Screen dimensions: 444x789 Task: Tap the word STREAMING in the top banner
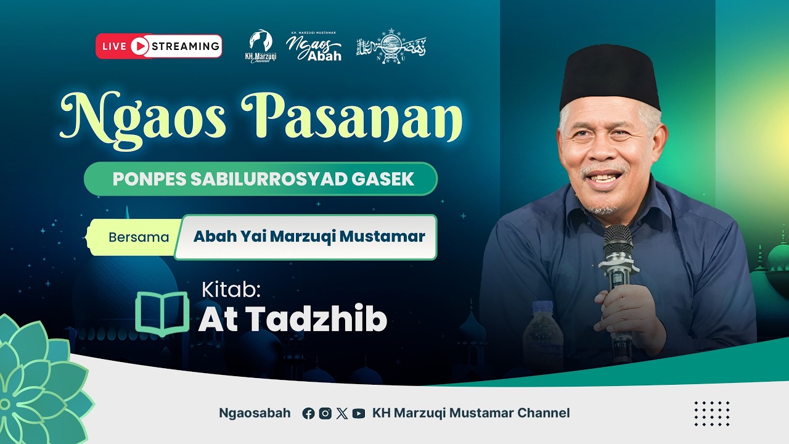point(186,46)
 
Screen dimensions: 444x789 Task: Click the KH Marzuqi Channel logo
point(261,46)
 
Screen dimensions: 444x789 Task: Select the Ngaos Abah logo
point(314,47)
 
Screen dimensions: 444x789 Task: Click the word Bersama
point(139,237)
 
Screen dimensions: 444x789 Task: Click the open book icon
point(162,312)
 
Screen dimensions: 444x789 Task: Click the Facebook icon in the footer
point(308,414)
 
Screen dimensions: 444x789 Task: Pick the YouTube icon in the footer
point(359,414)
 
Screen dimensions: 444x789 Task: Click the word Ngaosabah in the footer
point(255,413)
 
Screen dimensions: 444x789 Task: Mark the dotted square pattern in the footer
point(712,413)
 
